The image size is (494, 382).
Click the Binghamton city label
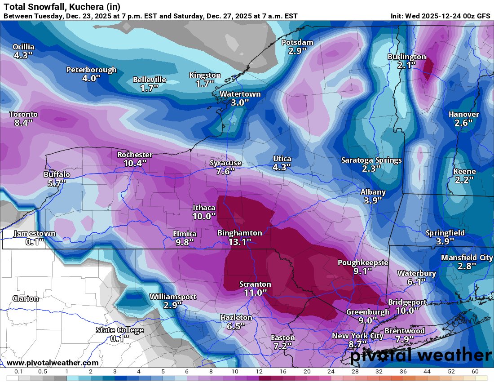click(239, 233)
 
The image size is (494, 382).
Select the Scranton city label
click(255, 284)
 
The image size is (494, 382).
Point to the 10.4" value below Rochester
click(135, 163)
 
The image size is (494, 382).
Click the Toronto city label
click(23, 114)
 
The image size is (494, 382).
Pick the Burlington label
click(406, 57)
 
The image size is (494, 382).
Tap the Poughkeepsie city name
click(363, 262)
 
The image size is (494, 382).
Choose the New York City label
click(357, 336)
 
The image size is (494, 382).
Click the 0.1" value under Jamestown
click(35, 242)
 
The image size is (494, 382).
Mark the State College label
click(119, 330)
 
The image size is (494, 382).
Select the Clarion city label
click(26, 298)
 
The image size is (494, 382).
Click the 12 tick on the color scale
click(259, 372)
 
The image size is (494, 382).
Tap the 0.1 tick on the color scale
click(18, 372)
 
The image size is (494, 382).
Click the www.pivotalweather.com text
click(53, 363)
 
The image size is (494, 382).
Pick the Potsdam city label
click(297, 42)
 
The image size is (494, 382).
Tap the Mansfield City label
click(467, 258)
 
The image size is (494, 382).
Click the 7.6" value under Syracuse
click(225, 171)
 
